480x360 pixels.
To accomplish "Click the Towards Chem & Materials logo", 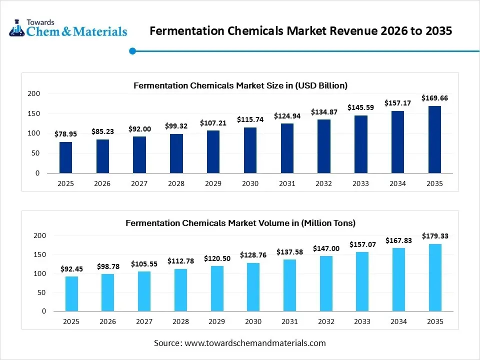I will click(68, 28).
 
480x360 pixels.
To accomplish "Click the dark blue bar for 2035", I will click(434, 139).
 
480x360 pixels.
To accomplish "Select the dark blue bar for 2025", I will click(65, 157).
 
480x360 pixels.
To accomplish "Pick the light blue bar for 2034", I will click(398, 279).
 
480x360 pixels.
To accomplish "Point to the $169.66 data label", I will click(434, 98).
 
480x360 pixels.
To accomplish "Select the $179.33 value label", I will click(435, 236).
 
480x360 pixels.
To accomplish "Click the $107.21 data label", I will click(213, 122).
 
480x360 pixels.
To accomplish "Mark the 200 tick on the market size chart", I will click(33, 93).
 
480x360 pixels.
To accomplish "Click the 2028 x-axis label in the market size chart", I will click(176, 183).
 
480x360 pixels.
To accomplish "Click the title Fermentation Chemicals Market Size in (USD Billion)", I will click(240, 85).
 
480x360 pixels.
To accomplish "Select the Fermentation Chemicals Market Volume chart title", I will click(240, 223).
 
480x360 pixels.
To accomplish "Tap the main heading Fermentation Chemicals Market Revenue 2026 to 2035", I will click(301, 31).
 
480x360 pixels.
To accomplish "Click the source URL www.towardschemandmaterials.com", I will click(255, 343).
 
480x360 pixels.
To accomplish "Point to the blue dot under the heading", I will click(132, 50).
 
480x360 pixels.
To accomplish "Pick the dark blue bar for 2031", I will click(287, 148).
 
